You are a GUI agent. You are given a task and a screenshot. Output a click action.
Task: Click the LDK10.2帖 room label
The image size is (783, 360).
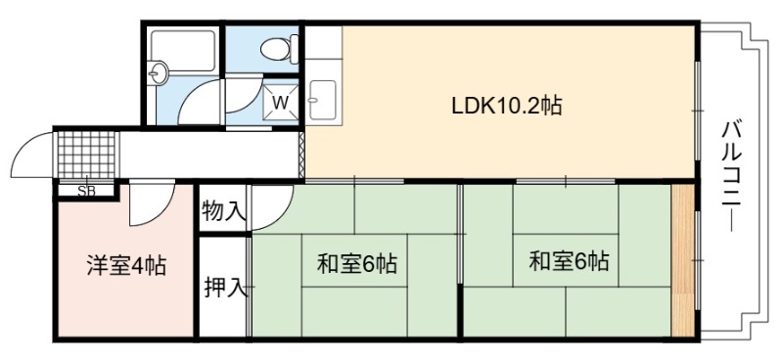tap(507, 106)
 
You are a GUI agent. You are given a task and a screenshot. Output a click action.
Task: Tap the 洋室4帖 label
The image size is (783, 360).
tap(126, 265)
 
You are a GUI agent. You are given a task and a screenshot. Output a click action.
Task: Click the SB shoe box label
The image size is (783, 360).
tap(87, 191)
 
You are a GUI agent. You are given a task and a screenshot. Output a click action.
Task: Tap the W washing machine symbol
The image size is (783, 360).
tap(281, 103)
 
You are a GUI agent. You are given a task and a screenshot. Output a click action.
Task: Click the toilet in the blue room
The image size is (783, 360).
tap(280, 49)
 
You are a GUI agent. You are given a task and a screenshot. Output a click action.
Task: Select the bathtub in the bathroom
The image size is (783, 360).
tap(183, 51)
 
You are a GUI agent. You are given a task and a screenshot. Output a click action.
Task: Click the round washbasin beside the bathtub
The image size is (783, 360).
tap(160, 73)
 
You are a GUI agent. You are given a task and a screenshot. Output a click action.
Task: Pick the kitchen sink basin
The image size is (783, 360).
tap(323, 100)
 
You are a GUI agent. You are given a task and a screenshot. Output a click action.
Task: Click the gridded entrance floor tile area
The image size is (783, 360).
tap(87, 155)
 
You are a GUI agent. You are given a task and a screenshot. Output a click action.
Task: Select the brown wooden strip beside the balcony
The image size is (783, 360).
tap(682, 259)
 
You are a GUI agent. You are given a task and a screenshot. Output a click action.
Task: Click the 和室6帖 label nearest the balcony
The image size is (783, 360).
tap(569, 261)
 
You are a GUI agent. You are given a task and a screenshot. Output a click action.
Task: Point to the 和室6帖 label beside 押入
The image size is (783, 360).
tap(357, 263)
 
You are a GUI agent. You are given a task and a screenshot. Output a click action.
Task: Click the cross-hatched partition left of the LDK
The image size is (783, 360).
tap(301, 155)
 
